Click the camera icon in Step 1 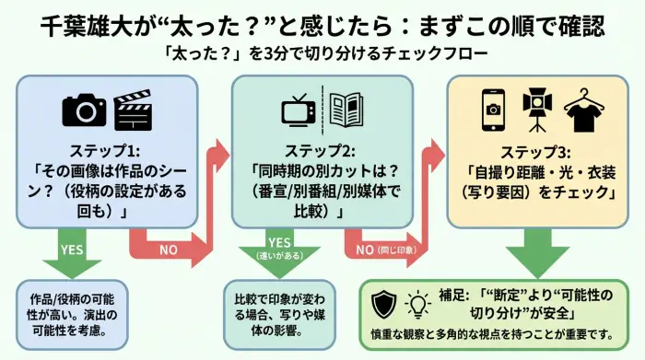85,111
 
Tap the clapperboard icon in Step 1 132,110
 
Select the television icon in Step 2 299,111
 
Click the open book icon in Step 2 347,110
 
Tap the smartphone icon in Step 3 495,111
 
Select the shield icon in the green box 382,303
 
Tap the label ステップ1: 107,151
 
